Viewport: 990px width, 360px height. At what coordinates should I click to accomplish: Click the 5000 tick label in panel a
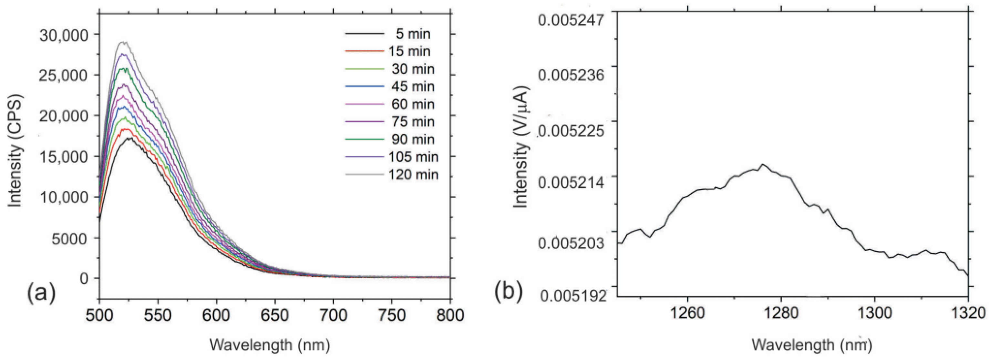click(69, 238)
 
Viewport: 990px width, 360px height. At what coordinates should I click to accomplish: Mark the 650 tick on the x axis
click(274, 315)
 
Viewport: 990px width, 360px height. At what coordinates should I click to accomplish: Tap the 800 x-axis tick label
click(450, 315)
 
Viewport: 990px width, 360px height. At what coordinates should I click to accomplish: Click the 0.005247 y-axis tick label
click(571, 20)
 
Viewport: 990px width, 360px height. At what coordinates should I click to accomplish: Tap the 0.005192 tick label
click(572, 295)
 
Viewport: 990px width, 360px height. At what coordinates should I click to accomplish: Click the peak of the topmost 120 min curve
click(123, 42)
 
